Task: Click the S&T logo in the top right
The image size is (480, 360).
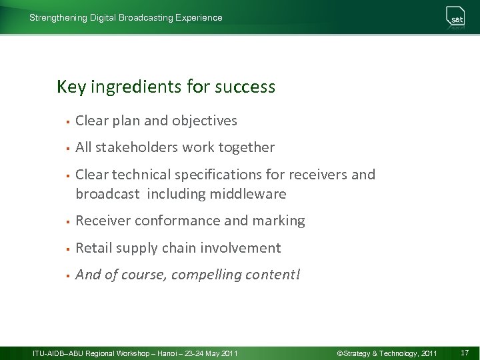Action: [456, 18]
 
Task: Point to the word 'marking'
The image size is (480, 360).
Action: [280, 221]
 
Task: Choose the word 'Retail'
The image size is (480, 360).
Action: [93, 248]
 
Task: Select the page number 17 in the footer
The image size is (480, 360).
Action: [465, 352]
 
